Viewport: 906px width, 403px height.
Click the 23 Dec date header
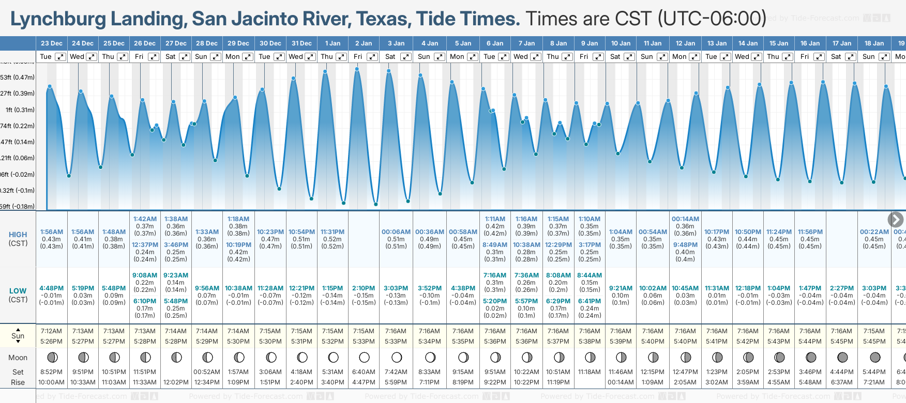coord(51,43)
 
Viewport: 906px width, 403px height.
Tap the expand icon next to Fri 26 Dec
coord(153,57)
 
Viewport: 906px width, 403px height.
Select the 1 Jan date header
coord(333,43)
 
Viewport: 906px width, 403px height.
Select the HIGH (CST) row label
coord(18,239)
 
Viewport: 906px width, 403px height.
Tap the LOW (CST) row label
coord(18,295)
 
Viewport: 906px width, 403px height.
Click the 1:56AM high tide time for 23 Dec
coord(51,232)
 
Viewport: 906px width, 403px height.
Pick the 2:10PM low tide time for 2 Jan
coord(364,288)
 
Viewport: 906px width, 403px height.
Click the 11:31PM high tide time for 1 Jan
coord(333,232)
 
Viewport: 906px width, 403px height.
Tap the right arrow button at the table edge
coord(895,220)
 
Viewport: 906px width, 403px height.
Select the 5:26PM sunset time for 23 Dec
coord(51,342)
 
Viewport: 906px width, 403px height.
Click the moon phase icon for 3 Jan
coord(397,357)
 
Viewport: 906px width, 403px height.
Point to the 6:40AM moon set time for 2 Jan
coord(364,372)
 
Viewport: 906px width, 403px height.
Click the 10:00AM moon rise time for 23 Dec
coord(51,382)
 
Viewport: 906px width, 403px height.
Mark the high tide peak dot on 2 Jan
coord(357,69)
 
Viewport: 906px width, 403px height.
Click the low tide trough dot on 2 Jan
coord(375,204)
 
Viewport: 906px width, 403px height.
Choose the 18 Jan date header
coord(874,43)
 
